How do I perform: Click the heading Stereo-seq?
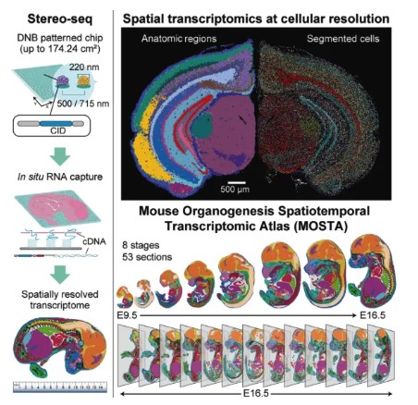tap(60, 19)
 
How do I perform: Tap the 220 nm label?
tap(84, 67)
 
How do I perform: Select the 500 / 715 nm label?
tap(83, 104)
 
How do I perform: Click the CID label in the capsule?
tap(58, 130)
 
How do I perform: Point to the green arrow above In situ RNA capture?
tap(60, 156)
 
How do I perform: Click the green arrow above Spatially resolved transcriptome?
tap(60, 274)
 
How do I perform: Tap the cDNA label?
tap(94, 241)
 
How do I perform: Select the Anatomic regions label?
tap(178, 39)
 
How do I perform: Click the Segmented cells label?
tap(343, 39)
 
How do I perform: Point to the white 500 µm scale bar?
tap(237, 183)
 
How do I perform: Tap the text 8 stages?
tap(141, 245)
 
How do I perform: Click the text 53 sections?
tap(147, 257)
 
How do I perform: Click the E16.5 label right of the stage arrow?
tap(373, 315)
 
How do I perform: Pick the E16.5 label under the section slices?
tap(256, 394)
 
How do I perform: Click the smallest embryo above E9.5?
tap(125, 297)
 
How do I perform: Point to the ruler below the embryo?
tap(60, 387)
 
